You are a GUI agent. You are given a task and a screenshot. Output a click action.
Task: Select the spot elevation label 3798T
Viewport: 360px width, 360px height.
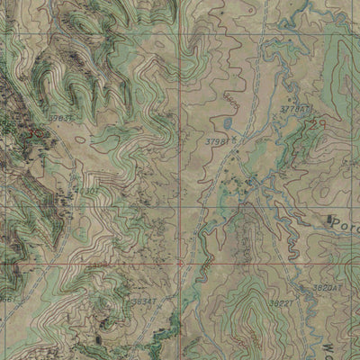coord(218,141)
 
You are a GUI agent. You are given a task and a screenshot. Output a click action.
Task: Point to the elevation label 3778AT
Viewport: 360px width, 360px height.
coord(295,108)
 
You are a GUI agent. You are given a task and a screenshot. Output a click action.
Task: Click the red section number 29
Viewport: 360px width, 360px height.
coord(314,126)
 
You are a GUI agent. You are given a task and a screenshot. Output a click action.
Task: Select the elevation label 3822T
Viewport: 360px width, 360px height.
coord(280,304)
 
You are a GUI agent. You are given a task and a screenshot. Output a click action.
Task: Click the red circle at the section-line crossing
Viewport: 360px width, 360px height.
coord(181,263)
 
